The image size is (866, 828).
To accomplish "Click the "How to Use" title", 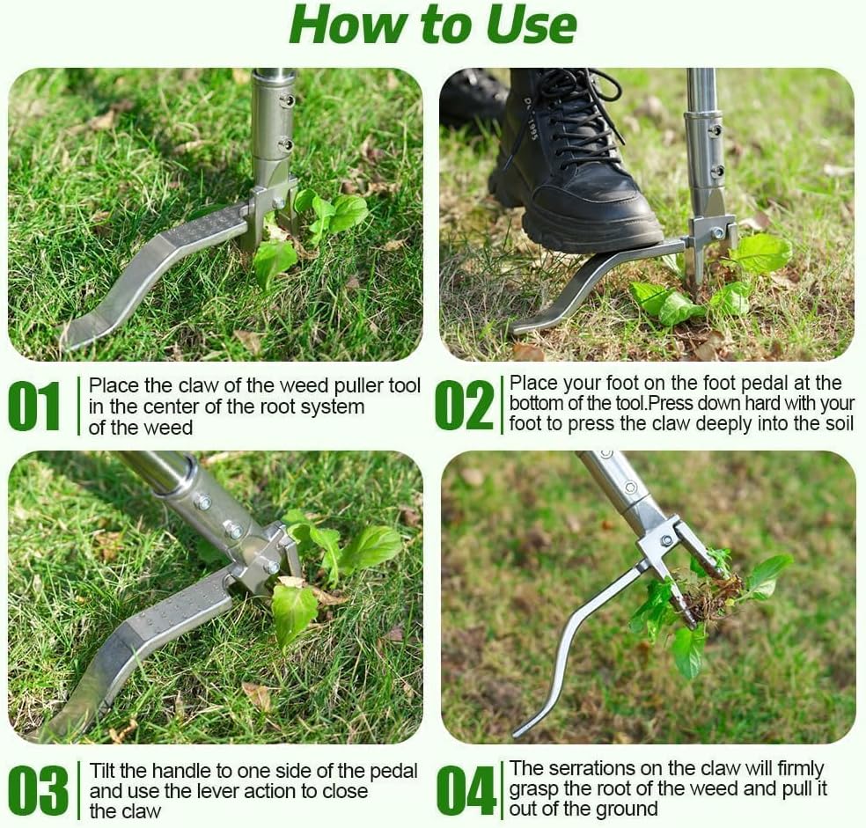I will click(x=432, y=25).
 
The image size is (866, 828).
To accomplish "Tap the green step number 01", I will click(x=34, y=407).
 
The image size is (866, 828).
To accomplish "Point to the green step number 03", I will click(x=38, y=789).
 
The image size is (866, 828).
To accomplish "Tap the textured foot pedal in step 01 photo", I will click(x=202, y=227).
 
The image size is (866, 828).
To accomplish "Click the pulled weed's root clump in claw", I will click(x=709, y=598).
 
